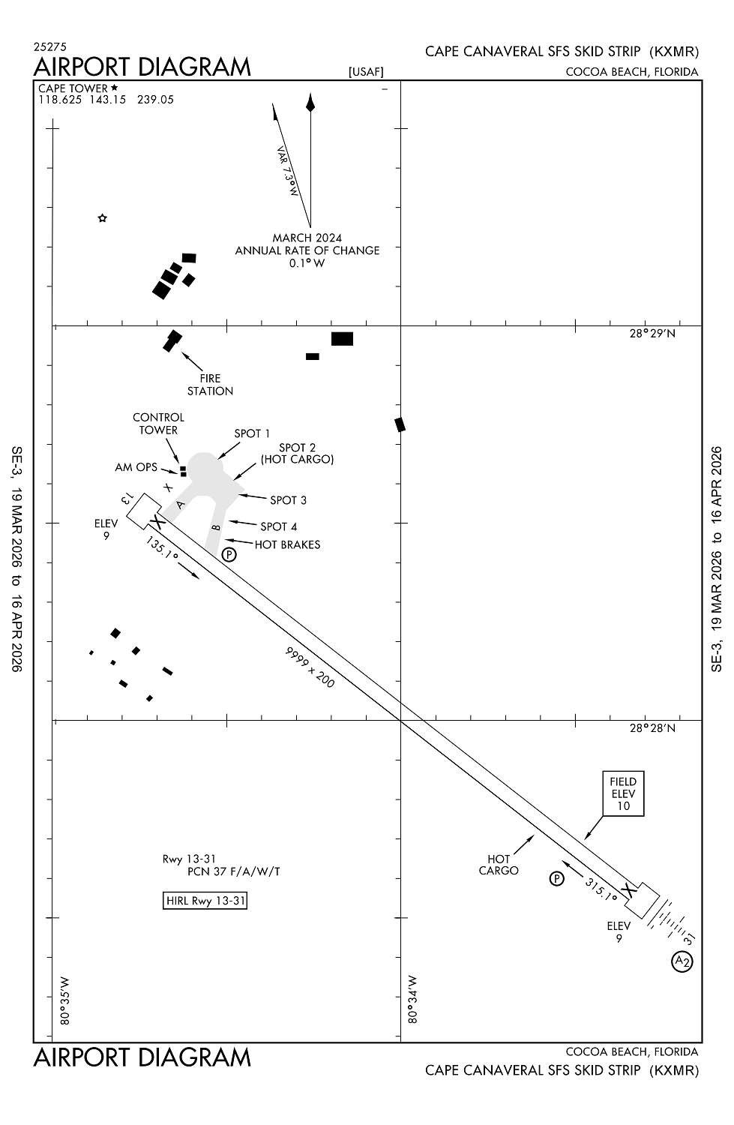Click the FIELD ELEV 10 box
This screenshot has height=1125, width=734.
tap(623, 793)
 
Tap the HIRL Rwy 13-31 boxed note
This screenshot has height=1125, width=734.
tap(205, 901)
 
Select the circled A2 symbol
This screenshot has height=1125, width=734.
tap(682, 961)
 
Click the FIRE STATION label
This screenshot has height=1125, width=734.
tap(210, 385)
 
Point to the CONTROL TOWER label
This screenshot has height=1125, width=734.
tap(158, 424)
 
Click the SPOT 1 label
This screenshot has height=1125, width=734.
tap(252, 433)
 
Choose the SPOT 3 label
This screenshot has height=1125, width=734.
tap(288, 500)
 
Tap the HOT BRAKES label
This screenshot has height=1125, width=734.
tap(287, 544)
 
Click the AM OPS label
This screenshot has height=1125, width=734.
tap(136, 467)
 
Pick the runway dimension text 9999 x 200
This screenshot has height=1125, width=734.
tap(310, 667)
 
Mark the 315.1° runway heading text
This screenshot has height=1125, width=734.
tap(601, 890)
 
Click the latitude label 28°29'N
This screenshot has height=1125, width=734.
tap(652, 334)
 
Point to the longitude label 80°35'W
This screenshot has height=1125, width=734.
tap(64, 1000)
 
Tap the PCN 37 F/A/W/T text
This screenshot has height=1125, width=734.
tap(234, 871)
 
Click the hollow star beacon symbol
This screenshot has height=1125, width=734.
tap(103, 218)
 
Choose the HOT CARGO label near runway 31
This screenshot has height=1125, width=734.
tap(499, 865)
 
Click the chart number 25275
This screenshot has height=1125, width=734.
tap(50, 46)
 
